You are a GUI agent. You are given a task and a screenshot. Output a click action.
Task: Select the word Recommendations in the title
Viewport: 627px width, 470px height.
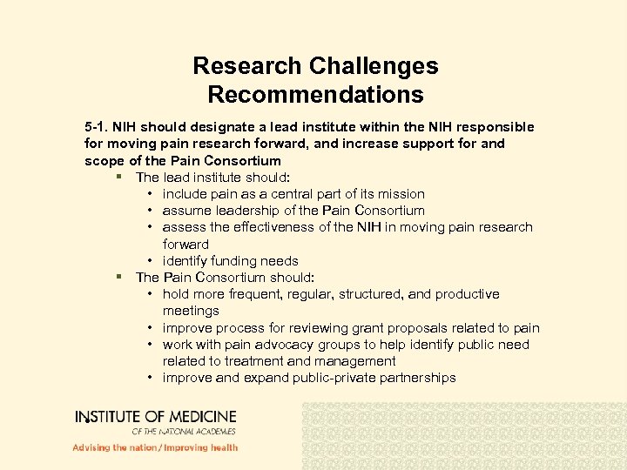pos(315,95)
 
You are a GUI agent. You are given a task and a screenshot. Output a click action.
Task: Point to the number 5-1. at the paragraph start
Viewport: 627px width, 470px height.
pos(98,127)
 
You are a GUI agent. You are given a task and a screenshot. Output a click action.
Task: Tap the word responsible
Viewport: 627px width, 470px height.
pos(490,127)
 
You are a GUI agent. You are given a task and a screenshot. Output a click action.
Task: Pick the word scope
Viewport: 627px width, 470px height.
pos(102,160)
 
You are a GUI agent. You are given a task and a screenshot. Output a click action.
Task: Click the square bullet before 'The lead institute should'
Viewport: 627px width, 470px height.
pos(118,177)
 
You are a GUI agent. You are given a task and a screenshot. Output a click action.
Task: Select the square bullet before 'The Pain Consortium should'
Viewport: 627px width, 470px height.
pos(118,278)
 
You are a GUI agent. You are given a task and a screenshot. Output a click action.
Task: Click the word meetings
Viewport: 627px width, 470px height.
pos(191,311)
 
